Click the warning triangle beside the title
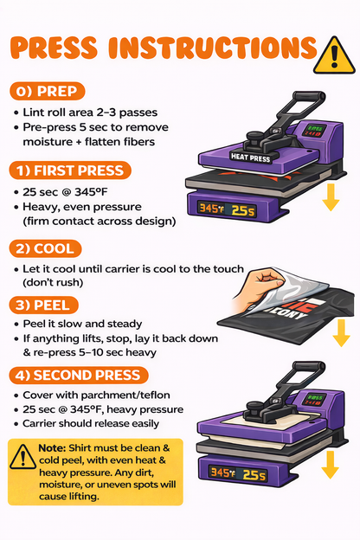click(x=334, y=56)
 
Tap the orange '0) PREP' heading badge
click(x=47, y=91)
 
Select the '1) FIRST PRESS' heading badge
click(x=70, y=170)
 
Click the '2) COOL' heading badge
click(x=45, y=248)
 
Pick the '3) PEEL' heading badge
click(x=44, y=305)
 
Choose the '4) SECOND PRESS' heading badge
click(x=79, y=375)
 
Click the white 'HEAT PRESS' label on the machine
click(x=250, y=157)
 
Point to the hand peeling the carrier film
click(x=259, y=287)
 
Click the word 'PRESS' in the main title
click(x=54, y=48)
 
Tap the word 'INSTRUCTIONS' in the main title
click(x=213, y=48)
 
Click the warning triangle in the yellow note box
click(x=22, y=457)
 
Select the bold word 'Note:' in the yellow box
click(x=52, y=448)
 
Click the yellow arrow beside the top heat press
click(x=331, y=197)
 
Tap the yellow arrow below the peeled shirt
click(x=341, y=333)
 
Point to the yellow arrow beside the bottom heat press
click(x=330, y=465)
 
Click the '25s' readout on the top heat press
click(x=243, y=210)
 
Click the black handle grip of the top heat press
click(x=309, y=96)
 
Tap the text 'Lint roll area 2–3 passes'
click(x=90, y=112)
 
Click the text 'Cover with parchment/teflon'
click(x=96, y=395)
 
